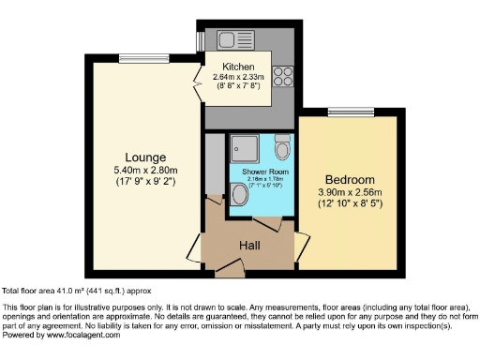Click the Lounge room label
pos(147,157)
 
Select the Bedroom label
pos(349,180)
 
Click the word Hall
pos(249,246)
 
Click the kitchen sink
pos(231,40)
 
